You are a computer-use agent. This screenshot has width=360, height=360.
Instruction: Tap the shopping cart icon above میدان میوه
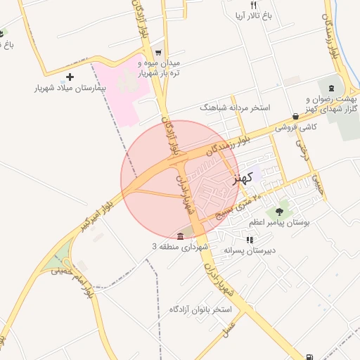pos(159,52)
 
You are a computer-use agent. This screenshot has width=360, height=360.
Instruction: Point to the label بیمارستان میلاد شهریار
pos(69,89)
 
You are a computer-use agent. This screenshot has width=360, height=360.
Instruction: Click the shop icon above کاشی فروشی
pos(295,116)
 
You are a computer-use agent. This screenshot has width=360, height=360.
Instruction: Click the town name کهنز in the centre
pos(241,176)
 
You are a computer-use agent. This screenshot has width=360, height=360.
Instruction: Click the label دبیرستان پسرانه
pos(250,250)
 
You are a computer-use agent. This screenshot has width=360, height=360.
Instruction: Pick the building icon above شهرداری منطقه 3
pos(181,235)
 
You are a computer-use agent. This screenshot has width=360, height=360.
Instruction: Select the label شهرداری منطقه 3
pos(181,247)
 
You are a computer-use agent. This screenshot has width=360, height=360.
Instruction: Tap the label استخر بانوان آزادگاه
pos(201,309)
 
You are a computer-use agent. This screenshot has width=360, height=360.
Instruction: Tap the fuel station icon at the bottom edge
pos(311,356)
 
